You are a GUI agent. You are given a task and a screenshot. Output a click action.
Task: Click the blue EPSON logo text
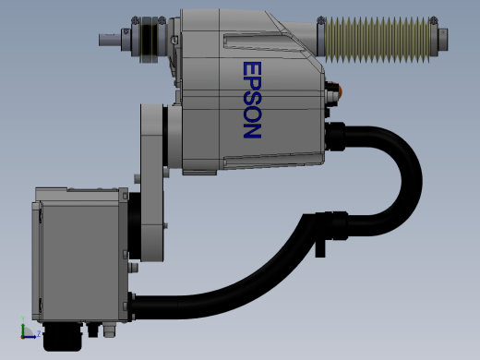[x=252, y=100]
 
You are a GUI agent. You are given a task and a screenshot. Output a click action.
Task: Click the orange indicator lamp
[x=340, y=90]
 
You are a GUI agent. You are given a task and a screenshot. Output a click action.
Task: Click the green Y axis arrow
[x=23, y=326]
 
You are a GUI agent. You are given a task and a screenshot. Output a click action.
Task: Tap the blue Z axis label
[x=39, y=333]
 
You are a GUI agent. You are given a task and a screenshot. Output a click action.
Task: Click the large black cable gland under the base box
[x=63, y=337]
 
